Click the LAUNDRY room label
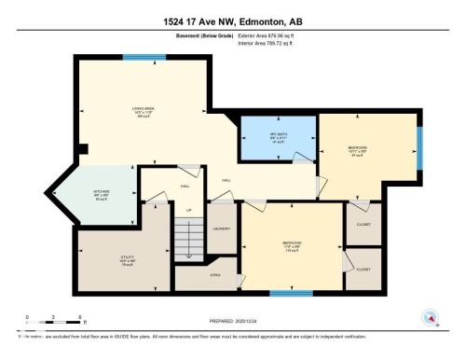click(x=222, y=228)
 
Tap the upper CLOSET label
click(x=363, y=225)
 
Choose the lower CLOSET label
click(x=363, y=269)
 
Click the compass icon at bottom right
click(x=432, y=316)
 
